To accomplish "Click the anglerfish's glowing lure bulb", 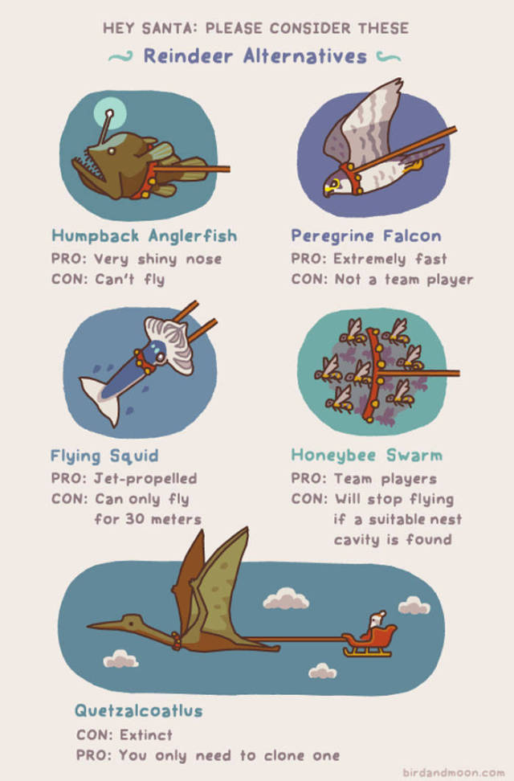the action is point(109,113).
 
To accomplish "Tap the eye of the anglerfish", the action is point(111,150).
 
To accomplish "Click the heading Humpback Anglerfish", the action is point(145,235).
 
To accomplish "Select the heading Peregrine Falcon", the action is point(366,235).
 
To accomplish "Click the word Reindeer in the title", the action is point(188,55).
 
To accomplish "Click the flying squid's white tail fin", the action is point(102,396).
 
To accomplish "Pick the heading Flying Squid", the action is point(104,456).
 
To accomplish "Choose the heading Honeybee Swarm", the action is point(366,456).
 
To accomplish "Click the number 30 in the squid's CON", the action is point(134,519).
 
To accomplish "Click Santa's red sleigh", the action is point(369,641).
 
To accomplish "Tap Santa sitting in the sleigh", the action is point(377,621).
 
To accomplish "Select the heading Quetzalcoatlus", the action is point(138,710).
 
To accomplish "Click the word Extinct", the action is point(146,734).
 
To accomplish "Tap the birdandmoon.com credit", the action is point(453,772).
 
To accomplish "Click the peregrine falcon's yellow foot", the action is point(414,163).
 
